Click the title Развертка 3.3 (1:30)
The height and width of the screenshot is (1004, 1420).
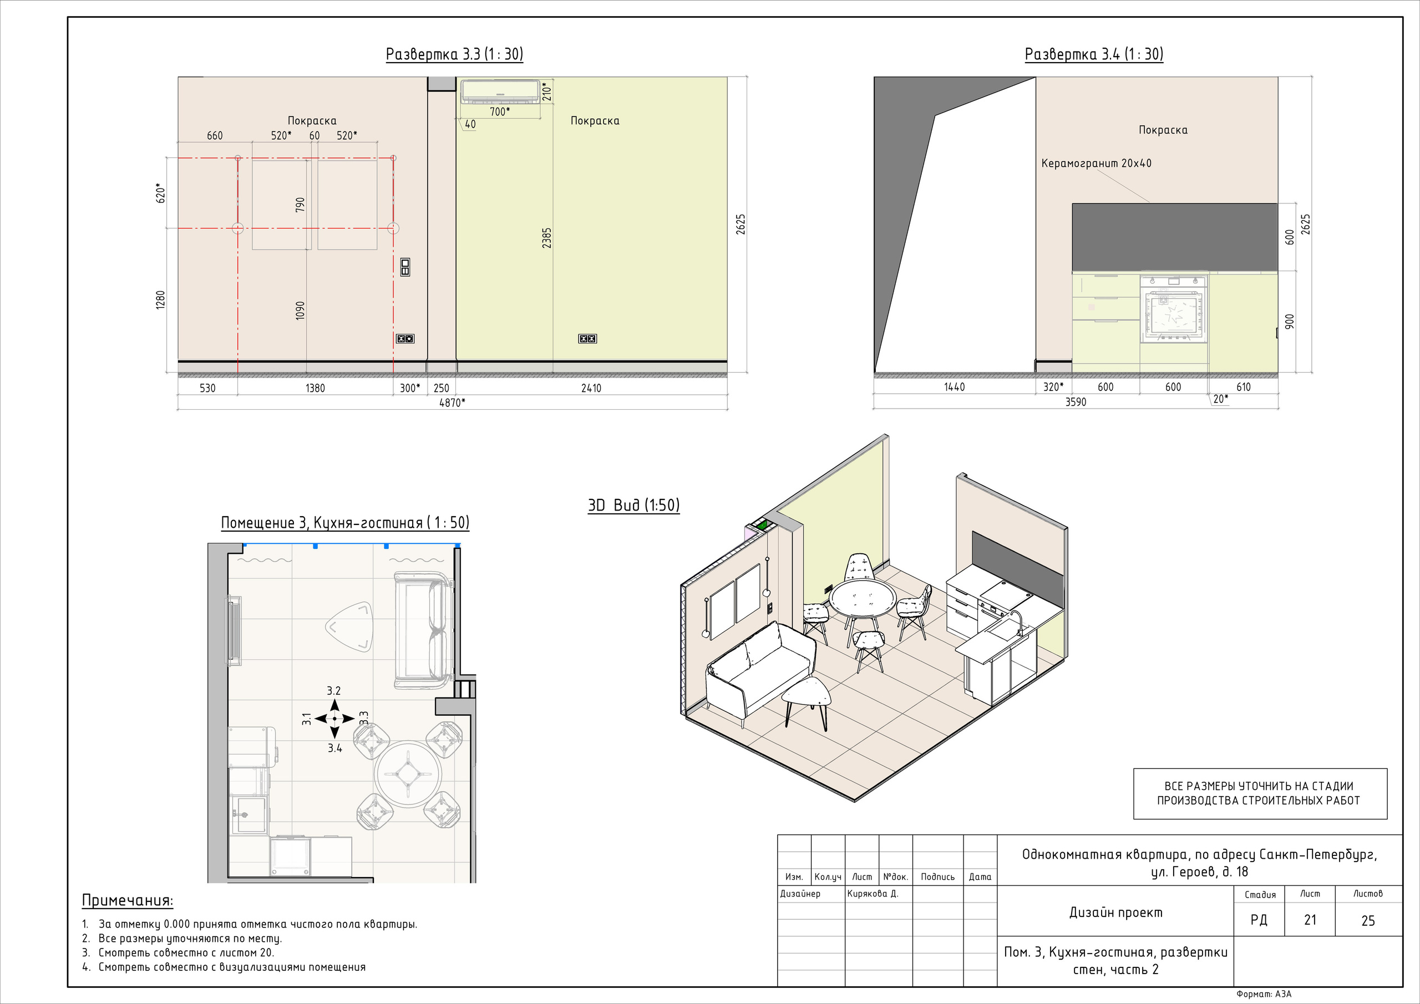pyautogui.click(x=455, y=54)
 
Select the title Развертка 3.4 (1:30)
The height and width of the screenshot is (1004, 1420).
pyautogui.click(x=1094, y=54)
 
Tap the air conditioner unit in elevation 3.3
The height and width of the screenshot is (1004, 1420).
pyautogui.click(x=500, y=91)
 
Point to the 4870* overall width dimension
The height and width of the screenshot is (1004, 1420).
pyautogui.click(x=452, y=402)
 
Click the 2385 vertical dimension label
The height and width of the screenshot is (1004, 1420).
pyautogui.click(x=547, y=238)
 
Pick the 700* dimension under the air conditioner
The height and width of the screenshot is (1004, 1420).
pyautogui.click(x=500, y=111)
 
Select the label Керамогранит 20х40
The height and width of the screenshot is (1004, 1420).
pyautogui.click(x=1097, y=163)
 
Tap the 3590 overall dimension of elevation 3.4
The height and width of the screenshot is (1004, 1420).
pyautogui.click(x=1076, y=402)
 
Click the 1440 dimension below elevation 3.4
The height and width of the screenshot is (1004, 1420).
pyautogui.click(x=954, y=387)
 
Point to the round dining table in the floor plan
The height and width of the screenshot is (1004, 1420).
pyautogui.click(x=408, y=773)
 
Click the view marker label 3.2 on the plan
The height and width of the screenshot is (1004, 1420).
pyautogui.click(x=334, y=691)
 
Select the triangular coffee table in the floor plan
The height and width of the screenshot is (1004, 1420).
pyautogui.click(x=349, y=626)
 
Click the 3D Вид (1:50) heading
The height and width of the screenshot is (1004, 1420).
pyautogui.click(x=633, y=505)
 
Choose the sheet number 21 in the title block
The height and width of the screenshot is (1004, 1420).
pyautogui.click(x=1310, y=920)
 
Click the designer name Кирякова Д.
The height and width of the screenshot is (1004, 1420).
pyautogui.click(x=873, y=893)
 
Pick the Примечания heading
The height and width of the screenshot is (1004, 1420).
pyautogui.click(x=128, y=900)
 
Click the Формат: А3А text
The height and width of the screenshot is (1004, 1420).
pyautogui.click(x=1264, y=994)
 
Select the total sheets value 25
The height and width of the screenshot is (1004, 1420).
pyautogui.click(x=1368, y=920)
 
